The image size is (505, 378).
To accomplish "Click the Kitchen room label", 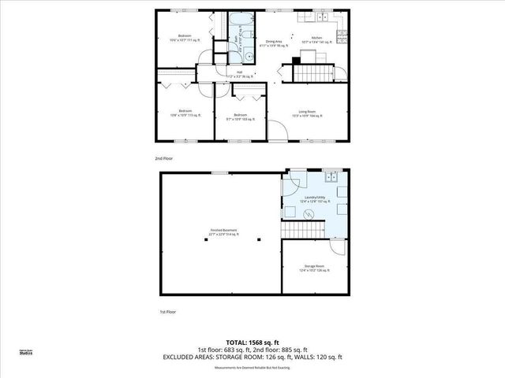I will tap(317, 38).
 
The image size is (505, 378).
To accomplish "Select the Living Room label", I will tap(308, 113).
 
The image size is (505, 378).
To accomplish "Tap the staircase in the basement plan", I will tap(312, 229).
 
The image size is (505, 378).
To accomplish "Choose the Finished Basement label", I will tap(223, 231).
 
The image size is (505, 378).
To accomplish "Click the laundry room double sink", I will tap(334, 178).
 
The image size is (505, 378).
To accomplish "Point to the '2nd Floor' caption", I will tap(164, 158).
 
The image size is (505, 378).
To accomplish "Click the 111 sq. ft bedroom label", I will tap(185, 38).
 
